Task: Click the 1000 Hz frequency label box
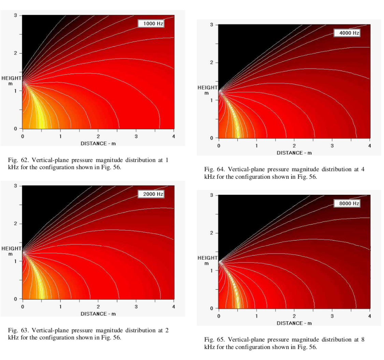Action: [x=151, y=24]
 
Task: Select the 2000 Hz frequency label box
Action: [x=151, y=194]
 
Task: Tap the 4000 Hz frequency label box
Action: [x=347, y=33]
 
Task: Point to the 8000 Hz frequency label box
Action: [x=347, y=204]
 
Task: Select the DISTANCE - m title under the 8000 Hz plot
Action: [x=294, y=323]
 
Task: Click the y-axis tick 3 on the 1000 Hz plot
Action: [x=16, y=15]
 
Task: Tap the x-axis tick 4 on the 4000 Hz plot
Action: [x=370, y=146]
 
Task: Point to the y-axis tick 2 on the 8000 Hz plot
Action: [x=212, y=233]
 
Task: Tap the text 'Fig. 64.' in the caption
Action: [x=213, y=169]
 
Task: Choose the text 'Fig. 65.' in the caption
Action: [x=213, y=340]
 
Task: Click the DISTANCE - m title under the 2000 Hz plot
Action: [x=98, y=314]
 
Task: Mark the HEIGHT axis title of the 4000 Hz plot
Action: [x=208, y=88]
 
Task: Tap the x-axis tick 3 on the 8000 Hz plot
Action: [x=332, y=316]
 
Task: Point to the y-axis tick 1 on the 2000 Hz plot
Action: [x=16, y=261]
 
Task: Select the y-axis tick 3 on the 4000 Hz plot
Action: [x=212, y=25]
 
